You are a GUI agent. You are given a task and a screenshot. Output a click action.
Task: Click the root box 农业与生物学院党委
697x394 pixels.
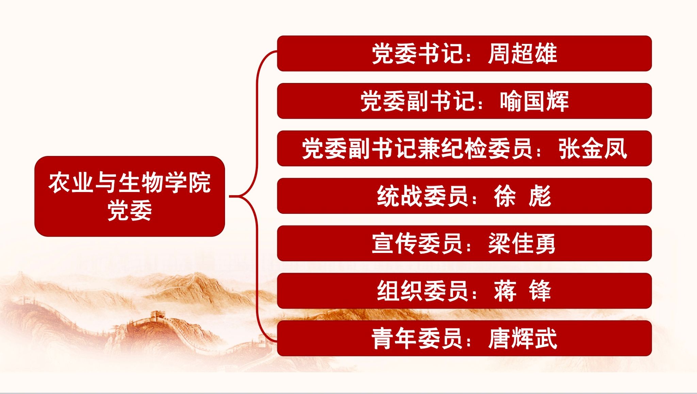click(130, 196)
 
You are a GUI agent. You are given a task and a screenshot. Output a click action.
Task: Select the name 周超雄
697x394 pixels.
click(522, 54)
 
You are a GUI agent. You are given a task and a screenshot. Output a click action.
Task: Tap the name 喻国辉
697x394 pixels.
click(534, 101)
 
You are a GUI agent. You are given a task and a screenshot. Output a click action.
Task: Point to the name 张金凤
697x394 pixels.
click(593, 149)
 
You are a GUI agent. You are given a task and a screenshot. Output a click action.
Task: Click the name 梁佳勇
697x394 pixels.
click(522, 243)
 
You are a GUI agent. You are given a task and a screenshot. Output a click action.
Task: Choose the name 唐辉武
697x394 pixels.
click(522, 338)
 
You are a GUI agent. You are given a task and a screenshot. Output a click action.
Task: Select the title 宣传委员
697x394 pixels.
click(417, 243)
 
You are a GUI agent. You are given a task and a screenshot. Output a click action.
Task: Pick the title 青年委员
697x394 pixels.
click(417, 338)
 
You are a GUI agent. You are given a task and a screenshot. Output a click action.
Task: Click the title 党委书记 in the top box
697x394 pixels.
click(417, 54)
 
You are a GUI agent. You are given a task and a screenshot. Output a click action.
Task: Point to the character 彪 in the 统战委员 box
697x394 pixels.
click(540, 196)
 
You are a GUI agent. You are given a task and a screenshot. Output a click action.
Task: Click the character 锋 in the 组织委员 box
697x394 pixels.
click(540, 291)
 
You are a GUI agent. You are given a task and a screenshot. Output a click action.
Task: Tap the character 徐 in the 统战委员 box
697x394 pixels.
click(505, 196)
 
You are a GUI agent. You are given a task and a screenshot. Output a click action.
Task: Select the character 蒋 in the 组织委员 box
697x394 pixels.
click(505, 291)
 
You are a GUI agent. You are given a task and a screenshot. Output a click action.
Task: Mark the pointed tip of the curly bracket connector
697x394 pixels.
click(230, 196)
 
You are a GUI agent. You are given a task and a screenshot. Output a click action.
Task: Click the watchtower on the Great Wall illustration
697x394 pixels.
click(157, 315)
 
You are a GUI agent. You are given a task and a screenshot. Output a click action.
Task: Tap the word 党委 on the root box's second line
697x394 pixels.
click(130, 211)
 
